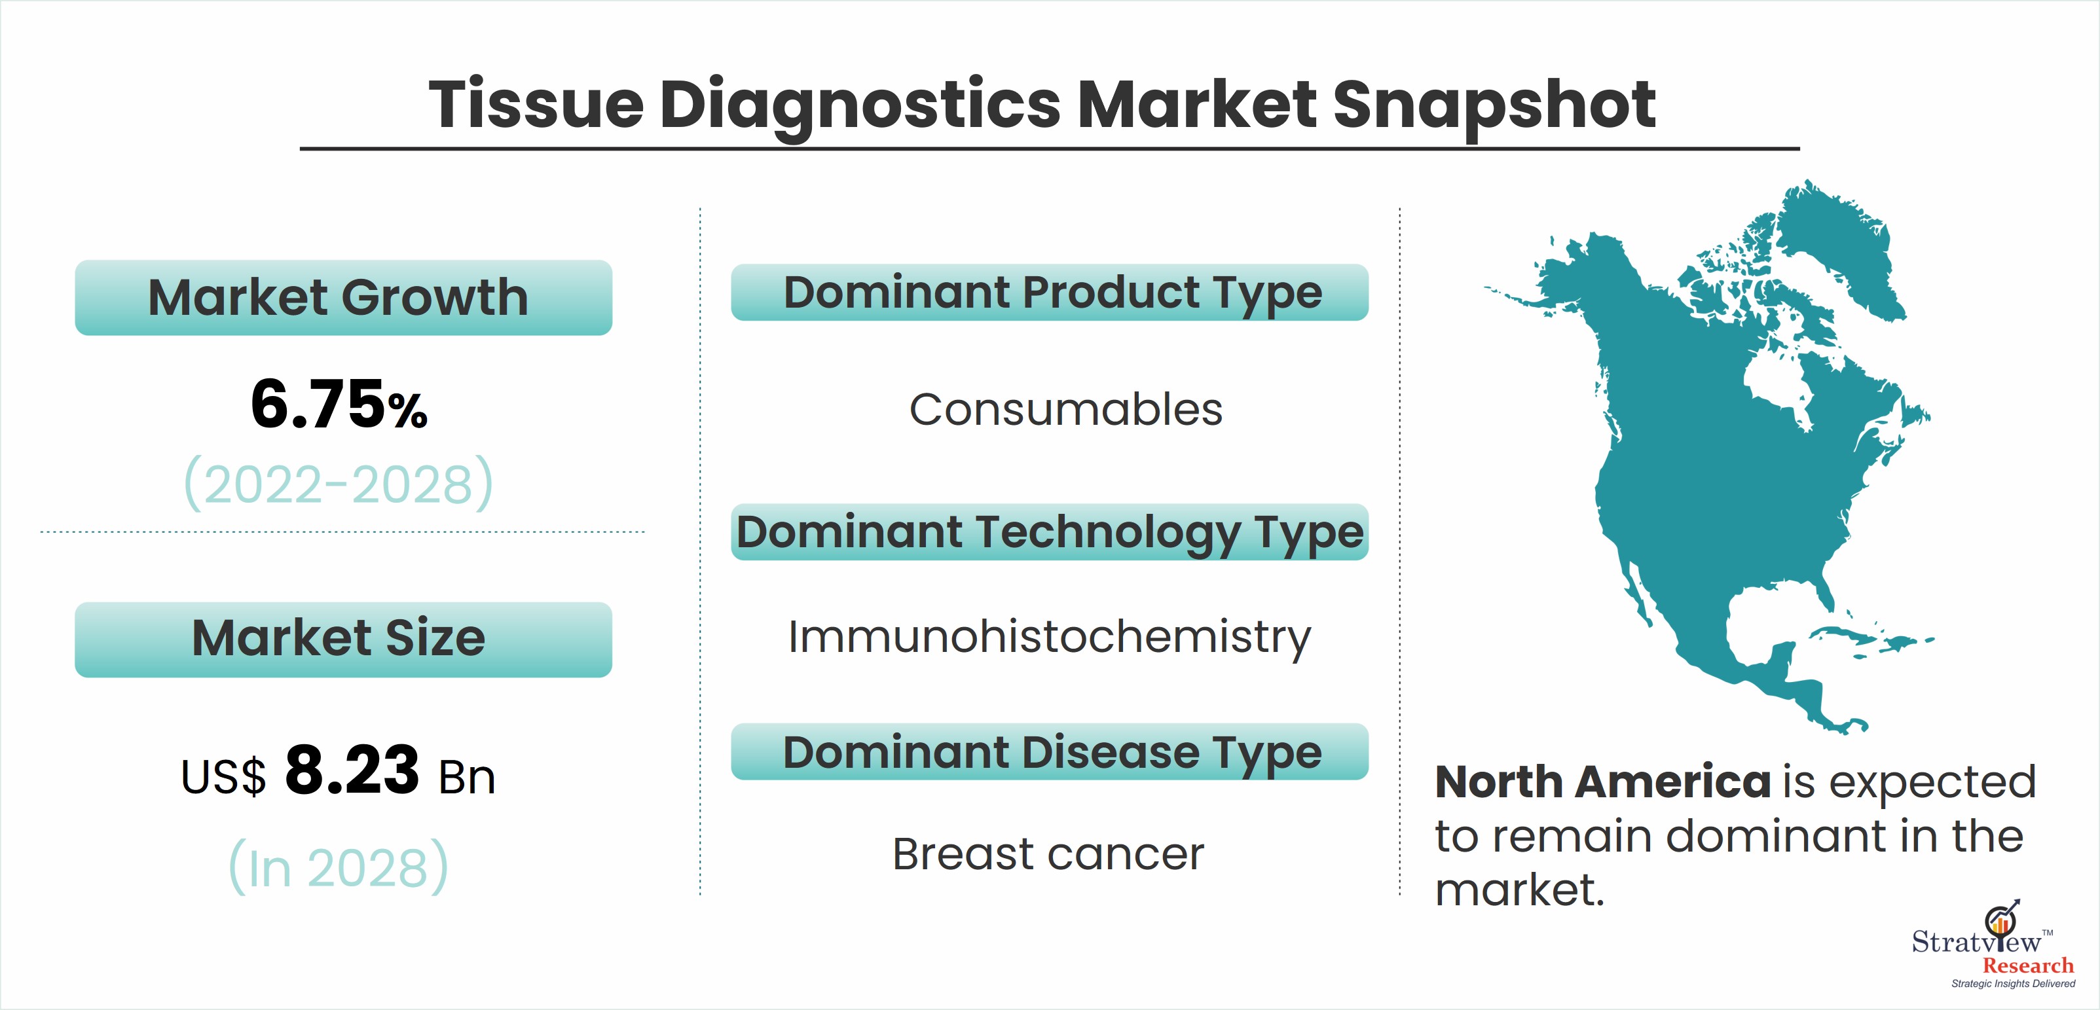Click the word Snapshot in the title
1494,105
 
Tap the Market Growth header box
343,298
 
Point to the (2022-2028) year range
339,483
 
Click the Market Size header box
343,639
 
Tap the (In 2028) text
339,866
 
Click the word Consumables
1065,408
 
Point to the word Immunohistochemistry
1049,637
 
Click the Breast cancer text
1048,854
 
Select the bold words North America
1603,782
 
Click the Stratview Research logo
1994,946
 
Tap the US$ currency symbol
223,776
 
